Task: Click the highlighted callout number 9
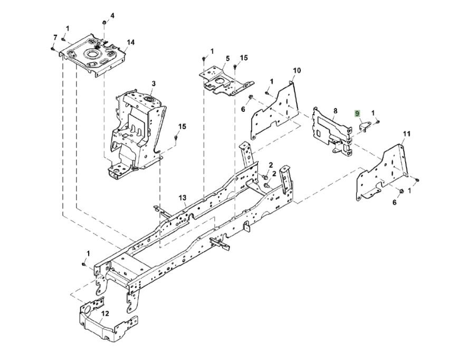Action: click(358, 113)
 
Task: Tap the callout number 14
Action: click(131, 42)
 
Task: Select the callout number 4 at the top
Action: click(112, 15)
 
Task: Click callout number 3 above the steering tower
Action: click(154, 83)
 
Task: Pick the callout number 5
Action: click(227, 59)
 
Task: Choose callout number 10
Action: click(296, 70)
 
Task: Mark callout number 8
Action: click(334, 110)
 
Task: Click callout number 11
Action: click(406, 133)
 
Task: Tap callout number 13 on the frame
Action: click(183, 198)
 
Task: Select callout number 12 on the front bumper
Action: click(105, 314)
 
